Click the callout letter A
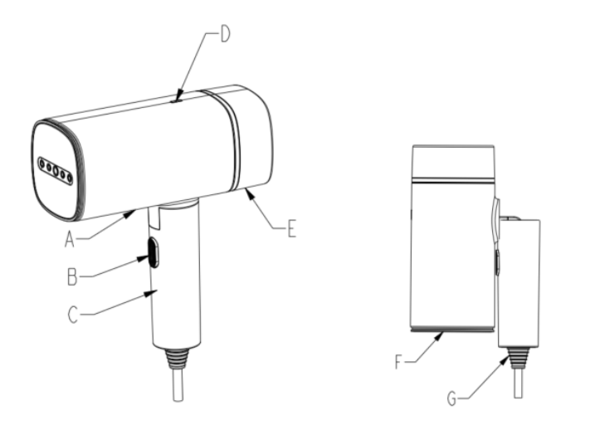point(69,240)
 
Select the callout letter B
point(72,276)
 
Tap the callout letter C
point(73,315)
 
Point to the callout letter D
point(225,34)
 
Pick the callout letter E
point(291,229)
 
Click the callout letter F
point(398,362)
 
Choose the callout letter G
point(451,399)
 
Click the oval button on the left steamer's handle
point(154,252)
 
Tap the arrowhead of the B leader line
point(143,258)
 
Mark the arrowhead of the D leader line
point(179,95)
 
